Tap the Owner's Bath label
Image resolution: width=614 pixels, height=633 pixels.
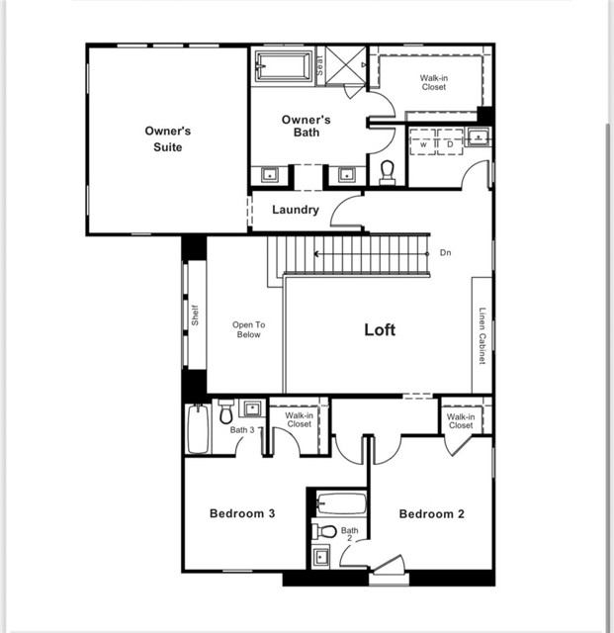[306, 126]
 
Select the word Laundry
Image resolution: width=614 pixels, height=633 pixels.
[296, 210]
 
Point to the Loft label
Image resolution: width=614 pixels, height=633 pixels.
[380, 329]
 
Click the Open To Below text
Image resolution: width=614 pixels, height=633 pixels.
[248, 329]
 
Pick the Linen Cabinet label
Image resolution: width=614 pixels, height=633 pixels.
[482, 337]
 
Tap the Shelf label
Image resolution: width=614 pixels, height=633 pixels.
[195, 316]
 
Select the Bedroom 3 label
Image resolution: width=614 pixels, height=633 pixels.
[241, 513]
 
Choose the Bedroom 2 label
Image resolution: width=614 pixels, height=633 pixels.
[431, 513]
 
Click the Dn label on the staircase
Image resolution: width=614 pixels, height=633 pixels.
[445, 253]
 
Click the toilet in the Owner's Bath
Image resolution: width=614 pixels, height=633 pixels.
[388, 172]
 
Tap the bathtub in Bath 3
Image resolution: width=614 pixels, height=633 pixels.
[198, 429]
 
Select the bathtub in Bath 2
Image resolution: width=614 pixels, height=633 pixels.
[342, 503]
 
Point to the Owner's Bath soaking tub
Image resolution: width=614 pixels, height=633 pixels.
[284, 66]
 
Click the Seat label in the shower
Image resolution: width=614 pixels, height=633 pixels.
[320, 65]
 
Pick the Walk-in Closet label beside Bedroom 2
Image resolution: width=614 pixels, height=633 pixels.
[460, 421]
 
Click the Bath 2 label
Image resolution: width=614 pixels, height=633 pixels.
[350, 535]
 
